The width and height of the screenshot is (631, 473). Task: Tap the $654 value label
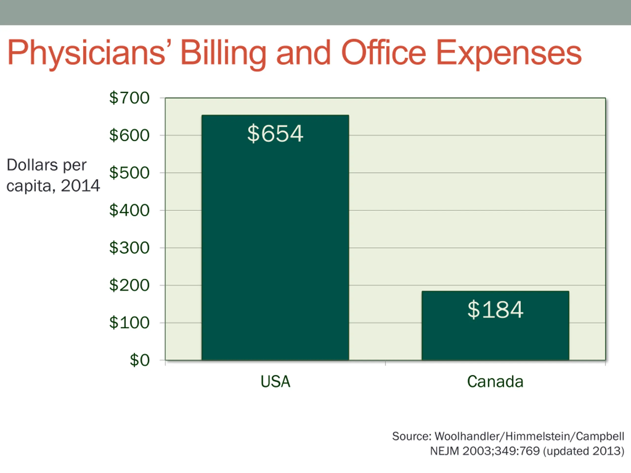[x=275, y=134]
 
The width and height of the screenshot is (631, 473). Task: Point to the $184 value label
[x=495, y=310]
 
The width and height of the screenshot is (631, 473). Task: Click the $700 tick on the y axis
[x=129, y=98]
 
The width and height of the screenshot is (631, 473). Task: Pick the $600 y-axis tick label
[x=129, y=135]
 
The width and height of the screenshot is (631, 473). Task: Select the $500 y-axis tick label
[x=129, y=173]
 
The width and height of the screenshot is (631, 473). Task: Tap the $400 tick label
[x=129, y=210]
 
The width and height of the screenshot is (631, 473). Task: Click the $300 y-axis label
[x=129, y=248]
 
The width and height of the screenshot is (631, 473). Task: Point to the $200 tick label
[x=129, y=285]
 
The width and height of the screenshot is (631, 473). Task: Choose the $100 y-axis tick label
[x=129, y=323]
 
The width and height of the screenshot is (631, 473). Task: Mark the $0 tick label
[x=140, y=360]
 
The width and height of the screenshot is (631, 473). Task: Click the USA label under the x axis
[x=275, y=381]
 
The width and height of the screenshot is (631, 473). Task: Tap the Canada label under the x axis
[x=495, y=381]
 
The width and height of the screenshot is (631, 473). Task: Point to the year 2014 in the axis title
[x=80, y=186]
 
